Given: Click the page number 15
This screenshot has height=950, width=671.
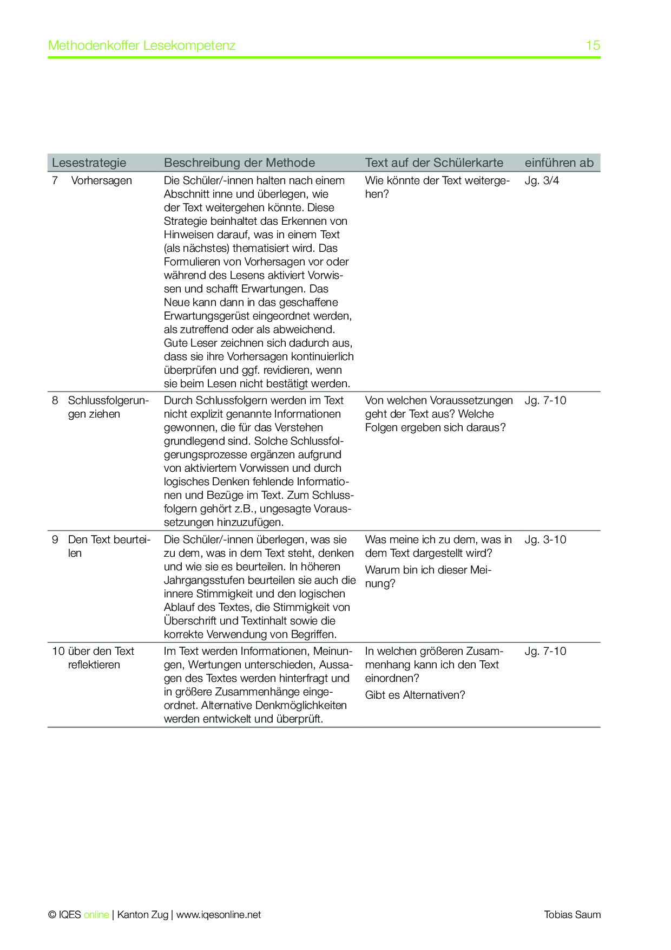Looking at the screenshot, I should tap(593, 45).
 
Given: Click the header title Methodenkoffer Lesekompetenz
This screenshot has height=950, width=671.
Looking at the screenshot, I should tap(142, 45).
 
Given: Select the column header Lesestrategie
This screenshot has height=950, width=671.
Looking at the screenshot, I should tap(89, 162).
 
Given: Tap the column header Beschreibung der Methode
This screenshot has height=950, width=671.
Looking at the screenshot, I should tap(239, 162).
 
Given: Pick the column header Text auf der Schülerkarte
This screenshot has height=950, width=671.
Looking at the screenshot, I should tap(434, 162).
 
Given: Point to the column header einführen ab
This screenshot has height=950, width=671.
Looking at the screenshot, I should tap(559, 162).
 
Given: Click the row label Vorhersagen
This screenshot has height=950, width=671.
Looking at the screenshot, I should tap(101, 180).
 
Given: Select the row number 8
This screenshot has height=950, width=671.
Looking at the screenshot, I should tap(55, 400).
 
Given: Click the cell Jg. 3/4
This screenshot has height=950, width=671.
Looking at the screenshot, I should tap(542, 180).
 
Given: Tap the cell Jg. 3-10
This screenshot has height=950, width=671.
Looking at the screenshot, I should tap(545, 539).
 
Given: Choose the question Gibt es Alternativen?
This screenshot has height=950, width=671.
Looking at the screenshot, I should tap(415, 695).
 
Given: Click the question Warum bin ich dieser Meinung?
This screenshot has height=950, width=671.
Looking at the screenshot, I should tap(428, 576).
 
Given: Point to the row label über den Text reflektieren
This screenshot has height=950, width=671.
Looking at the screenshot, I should tap(101, 658).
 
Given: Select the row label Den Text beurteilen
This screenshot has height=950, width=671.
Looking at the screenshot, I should tap(109, 546).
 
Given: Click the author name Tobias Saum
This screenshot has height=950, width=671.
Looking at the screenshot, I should tap(572, 915).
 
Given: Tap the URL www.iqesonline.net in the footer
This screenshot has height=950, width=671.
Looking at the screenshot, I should tap(219, 915).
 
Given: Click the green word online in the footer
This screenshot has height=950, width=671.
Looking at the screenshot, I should tap(96, 915).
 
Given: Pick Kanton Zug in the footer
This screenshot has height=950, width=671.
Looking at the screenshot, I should tap(143, 915).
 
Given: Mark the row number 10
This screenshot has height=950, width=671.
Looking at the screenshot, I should tap(58, 651).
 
